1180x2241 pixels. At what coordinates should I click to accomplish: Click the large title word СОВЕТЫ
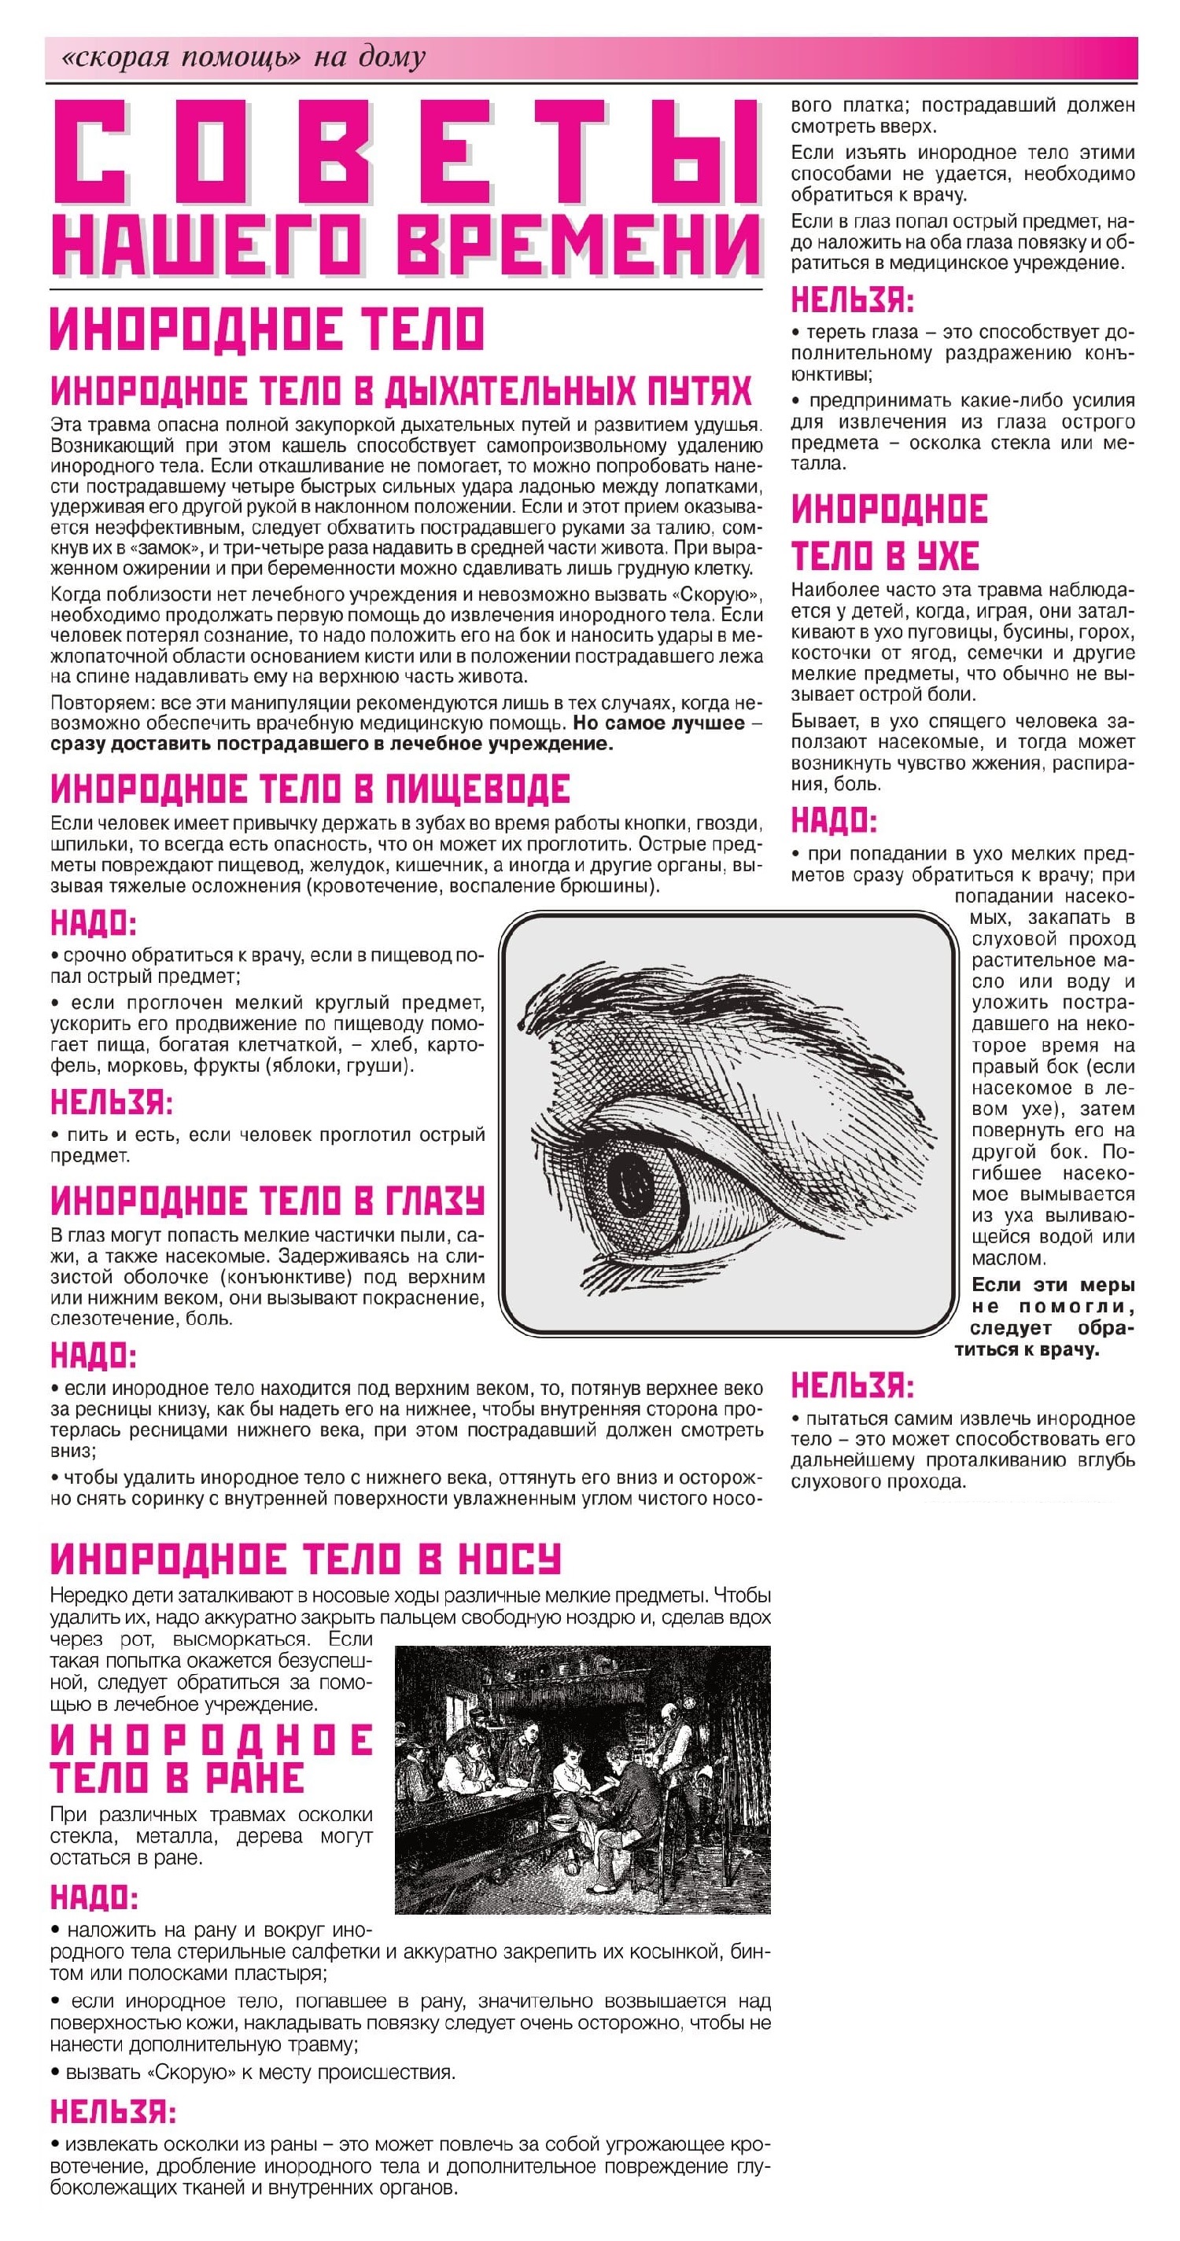coord(407,153)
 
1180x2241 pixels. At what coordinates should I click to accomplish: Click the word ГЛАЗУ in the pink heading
coord(433,1201)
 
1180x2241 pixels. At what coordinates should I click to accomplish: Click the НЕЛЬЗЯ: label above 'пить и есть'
coord(112,1102)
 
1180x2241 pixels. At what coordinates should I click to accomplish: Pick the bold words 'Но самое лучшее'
coord(658,723)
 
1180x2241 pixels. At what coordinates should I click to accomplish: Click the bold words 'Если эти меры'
coord(1052,1285)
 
